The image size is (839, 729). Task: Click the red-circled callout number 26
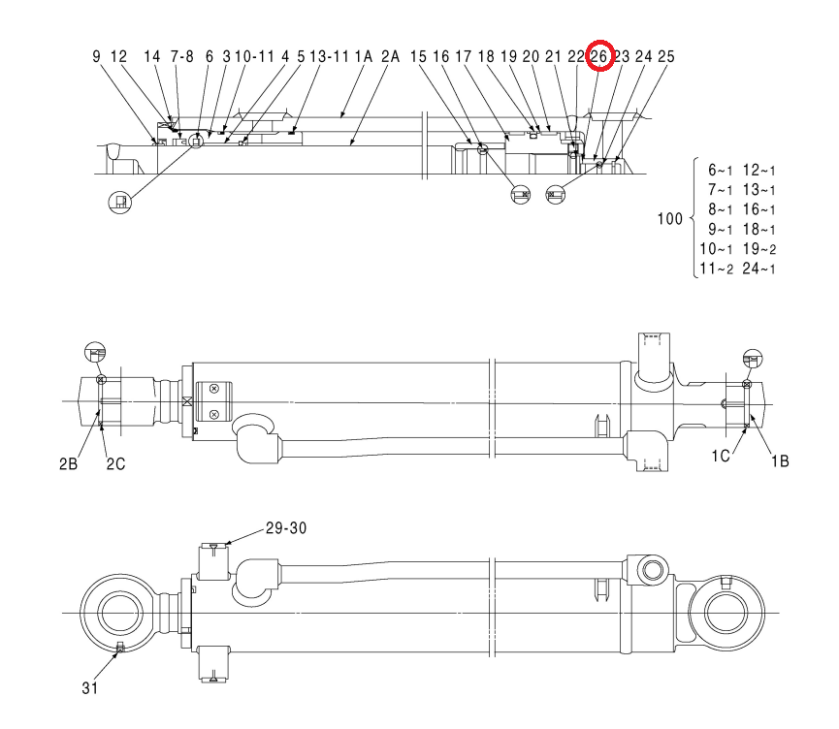coord(598,56)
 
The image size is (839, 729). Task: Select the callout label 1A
coord(364,56)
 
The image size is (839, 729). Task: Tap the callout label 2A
coord(391,56)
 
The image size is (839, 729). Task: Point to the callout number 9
coord(96,56)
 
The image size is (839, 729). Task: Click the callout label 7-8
coord(182,56)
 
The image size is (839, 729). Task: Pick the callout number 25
coord(666,56)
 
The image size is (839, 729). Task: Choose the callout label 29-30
coord(286,528)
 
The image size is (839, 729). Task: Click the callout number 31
coord(90,688)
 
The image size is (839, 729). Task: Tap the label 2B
coord(69,463)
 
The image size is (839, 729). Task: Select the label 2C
coord(115,463)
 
